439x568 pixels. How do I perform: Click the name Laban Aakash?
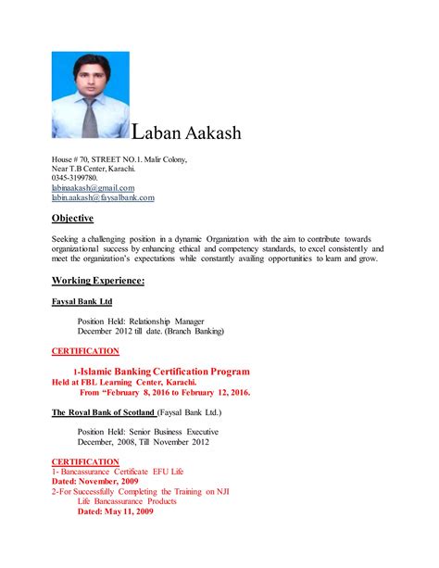point(187,133)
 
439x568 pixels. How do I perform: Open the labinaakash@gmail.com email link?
point(93,188)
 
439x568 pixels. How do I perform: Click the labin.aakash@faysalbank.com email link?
point(103,197)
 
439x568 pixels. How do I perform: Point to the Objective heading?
point(72,219)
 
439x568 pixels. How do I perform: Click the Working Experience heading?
point(97,280)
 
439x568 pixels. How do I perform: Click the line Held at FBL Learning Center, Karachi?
point(136,382)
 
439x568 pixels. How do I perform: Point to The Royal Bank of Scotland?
point(103,412)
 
